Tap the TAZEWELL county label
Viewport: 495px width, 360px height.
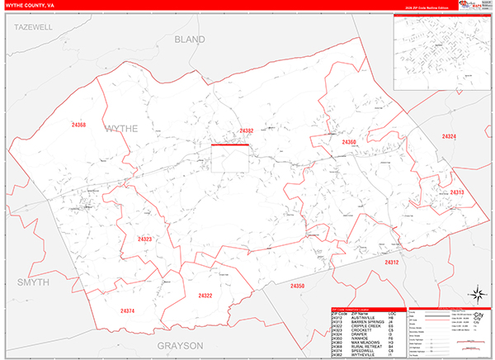pos(33,27)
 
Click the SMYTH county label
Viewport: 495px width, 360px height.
pos(34,282)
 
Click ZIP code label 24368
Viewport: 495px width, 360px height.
pos(78,125)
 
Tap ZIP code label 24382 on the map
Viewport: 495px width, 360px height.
pos(247,130)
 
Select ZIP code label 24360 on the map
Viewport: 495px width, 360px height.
pos(349,142)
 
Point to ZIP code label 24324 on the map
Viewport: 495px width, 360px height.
pos(448,136)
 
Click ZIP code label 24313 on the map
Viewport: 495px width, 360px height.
pos(457,192)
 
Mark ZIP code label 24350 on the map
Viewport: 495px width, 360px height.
pos(297,286)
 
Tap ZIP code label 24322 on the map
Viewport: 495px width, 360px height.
pos(205,295)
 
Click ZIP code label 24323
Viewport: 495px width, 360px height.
pos(144,239)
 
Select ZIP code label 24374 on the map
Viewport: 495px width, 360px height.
pos(126,310)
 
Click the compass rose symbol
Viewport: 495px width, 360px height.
pos(476,294)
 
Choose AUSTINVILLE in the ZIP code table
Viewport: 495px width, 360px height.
pos(363,318)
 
